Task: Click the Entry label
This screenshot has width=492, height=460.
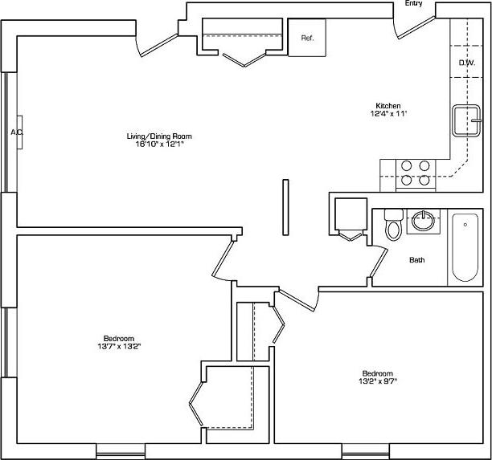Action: click(413, 4)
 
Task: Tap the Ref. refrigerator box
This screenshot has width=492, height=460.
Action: click(307, 38)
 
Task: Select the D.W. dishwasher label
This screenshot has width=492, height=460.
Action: click(466, 63)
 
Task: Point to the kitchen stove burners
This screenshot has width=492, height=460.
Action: click(416, 173)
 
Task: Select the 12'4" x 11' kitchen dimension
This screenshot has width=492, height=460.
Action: click(388, 114)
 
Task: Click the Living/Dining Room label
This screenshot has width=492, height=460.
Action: click(159, 136)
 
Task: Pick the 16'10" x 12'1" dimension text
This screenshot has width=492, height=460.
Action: click(159, 145)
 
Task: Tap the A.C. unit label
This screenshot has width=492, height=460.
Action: click(17, 132)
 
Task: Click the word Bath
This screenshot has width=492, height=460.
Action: click(417, 260)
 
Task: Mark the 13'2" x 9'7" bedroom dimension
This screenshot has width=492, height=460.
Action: click(376, 381)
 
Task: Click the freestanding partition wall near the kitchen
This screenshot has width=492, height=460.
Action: click(285, 208)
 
